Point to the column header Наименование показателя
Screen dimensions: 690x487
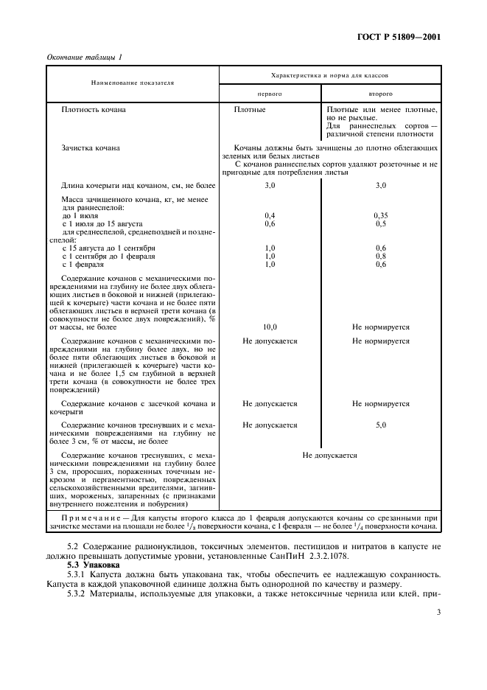point(133,84)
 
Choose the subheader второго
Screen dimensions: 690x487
point(380,94)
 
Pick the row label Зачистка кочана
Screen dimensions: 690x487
point(91,148)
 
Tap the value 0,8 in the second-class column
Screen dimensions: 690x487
point(380,256)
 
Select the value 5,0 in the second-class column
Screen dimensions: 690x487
point(380,425)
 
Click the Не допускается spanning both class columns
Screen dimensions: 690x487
point(329,455)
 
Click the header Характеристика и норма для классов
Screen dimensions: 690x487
point(329,75)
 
